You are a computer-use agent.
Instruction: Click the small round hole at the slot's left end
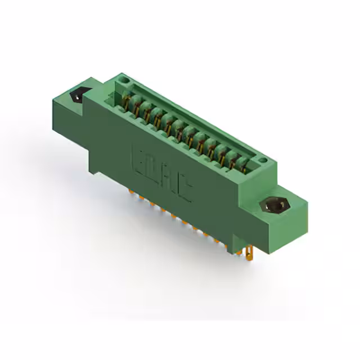[x=121, y=83]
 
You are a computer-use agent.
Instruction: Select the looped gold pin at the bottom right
[x=249, y=254]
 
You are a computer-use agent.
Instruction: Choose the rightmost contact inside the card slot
[x=244, y=164]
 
